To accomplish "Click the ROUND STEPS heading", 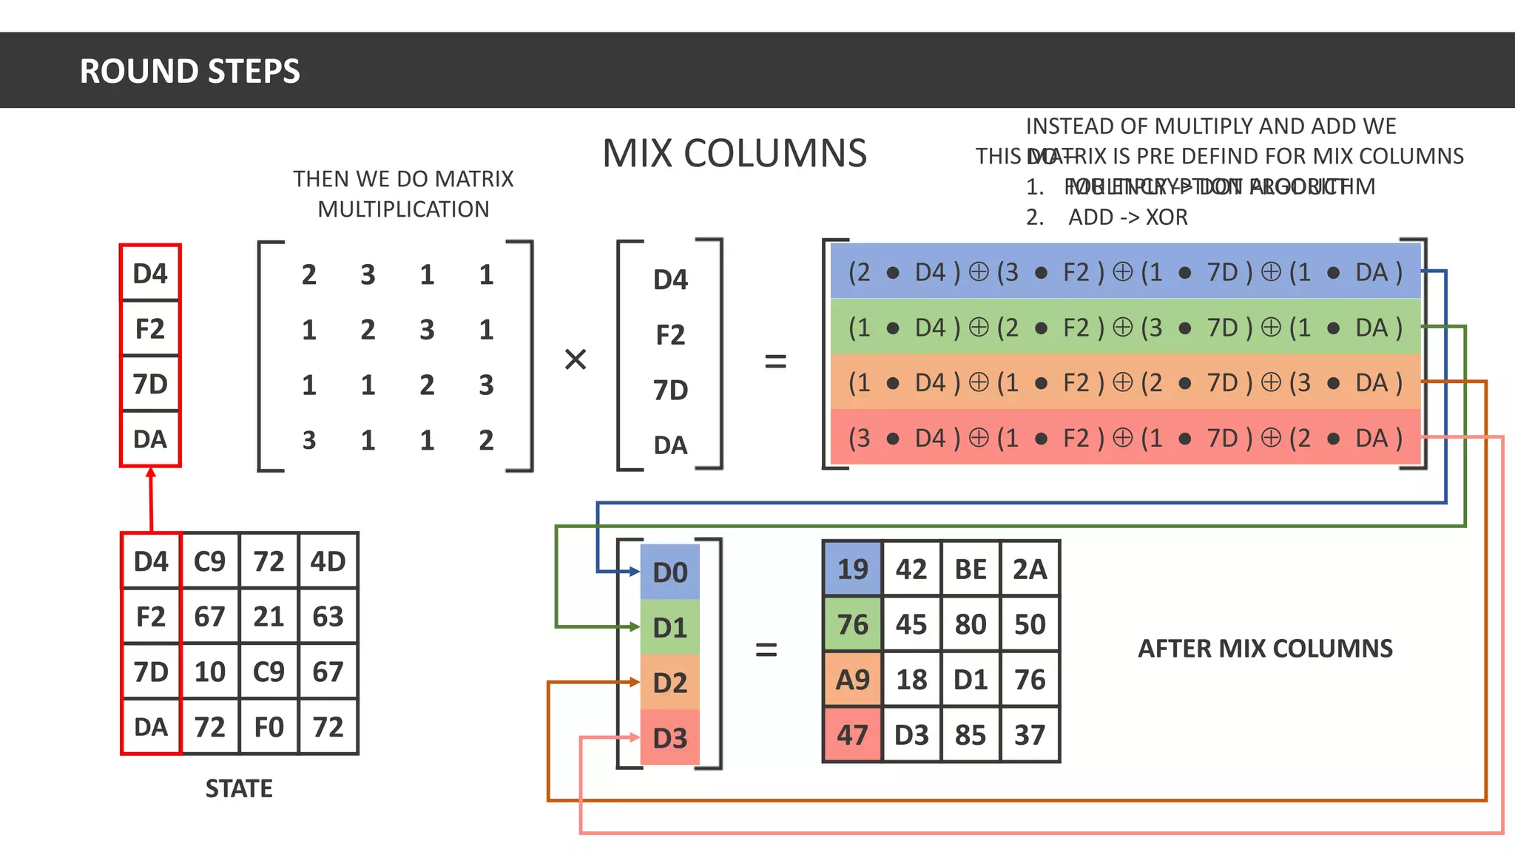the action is [189, 71].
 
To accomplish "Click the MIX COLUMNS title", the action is [734, 154].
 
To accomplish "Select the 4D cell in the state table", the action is [328, 561].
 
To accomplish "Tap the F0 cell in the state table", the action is [269, 727].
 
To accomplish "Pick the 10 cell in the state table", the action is [210, 672].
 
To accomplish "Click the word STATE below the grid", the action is [239, 788].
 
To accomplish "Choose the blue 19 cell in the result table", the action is [852, 569].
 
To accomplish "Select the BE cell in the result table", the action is [971, 569].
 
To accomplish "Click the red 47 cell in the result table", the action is [852, 735].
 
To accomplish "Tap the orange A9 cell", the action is [852, 680].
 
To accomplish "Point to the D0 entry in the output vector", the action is [670, 572].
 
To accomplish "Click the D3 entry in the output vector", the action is [670, 738].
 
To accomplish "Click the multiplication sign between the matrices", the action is [576, 359].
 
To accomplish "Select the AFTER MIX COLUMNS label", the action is [1265, 649].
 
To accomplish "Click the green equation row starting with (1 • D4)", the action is [1124, 327].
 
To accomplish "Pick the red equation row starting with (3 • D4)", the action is [1124, 438].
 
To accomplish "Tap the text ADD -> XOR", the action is [1127, 217].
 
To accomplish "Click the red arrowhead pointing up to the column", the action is [151, 473].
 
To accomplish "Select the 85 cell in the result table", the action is [971, 735].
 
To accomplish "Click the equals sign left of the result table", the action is [766, 650].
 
